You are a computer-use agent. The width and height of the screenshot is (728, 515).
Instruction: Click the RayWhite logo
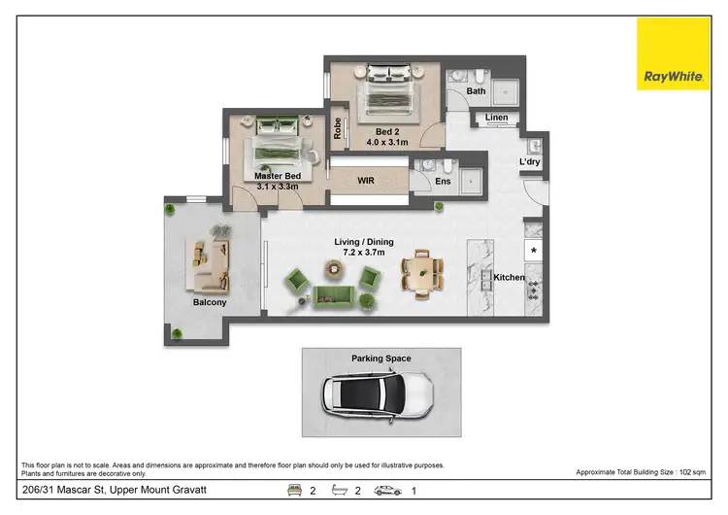(672, 54)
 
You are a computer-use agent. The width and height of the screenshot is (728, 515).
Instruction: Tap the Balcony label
(210, 302)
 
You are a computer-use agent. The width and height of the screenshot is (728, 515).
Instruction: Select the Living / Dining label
(364, 246)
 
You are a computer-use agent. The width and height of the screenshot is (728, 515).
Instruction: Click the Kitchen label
(509, 278)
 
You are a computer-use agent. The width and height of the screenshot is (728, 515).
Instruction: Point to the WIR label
(366, 180)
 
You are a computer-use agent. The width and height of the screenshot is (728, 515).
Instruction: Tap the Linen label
(496, 118)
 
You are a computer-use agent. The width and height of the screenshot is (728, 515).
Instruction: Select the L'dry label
(530, 161)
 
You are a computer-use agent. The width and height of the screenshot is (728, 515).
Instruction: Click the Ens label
(444, 181)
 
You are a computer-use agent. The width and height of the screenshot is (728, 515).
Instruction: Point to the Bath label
(476, 91)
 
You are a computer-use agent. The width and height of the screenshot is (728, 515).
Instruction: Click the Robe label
(338, 127)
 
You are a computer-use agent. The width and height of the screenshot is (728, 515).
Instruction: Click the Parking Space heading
(381, 359)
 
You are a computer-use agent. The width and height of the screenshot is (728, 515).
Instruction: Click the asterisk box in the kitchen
(533, 251)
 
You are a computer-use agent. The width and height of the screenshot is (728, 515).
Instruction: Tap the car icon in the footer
(388, 491)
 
